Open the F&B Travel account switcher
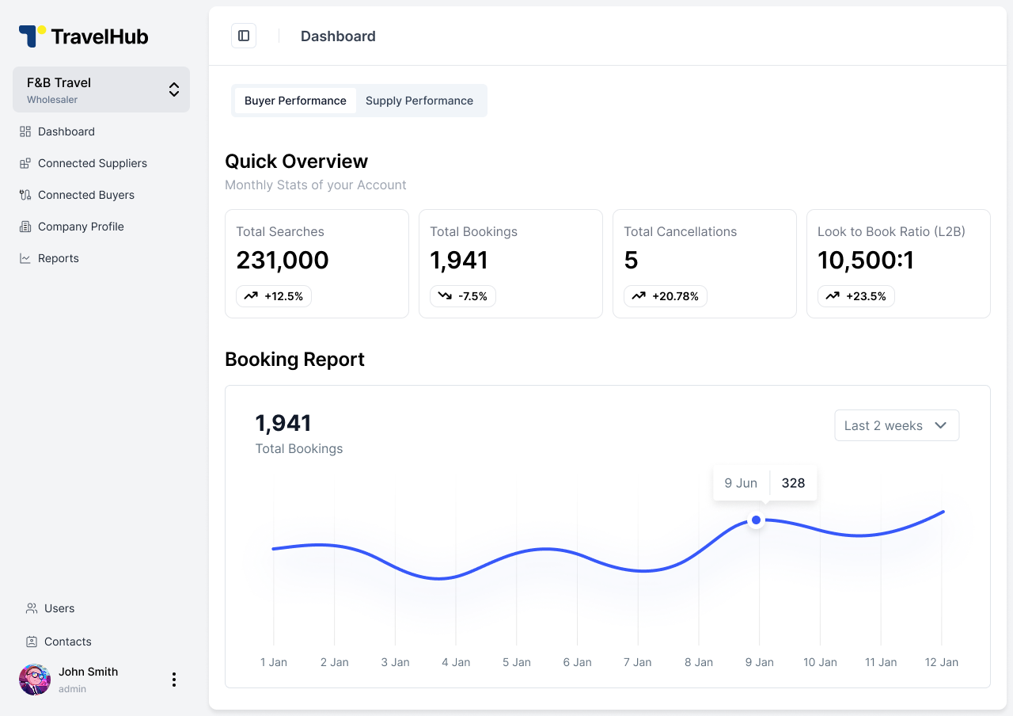(x=101, y=89)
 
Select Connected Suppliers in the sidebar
(x=92, y=163)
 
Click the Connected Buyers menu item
(x=85, y=195)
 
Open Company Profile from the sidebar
(x=81, y=227)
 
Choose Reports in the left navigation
(x=58, y=258)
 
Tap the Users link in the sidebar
(x=59, y=608)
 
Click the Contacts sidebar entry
(x=67, y=642)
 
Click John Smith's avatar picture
(x=35, y=680)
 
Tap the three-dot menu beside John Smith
(x=174, y=680)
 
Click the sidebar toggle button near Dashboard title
(x=244, y=36)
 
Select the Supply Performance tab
(x=419, y=101)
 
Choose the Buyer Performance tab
(x=295, y=101)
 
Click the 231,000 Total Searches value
(x=283, y=260)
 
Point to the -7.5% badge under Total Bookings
(x=463, y=296)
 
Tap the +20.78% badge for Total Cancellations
(x=666, y=296)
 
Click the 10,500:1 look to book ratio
(x=866, y=260)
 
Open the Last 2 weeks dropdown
(x=897, y=425)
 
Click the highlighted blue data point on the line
(x=756, y=520)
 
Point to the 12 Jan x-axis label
(x=941, y=662)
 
